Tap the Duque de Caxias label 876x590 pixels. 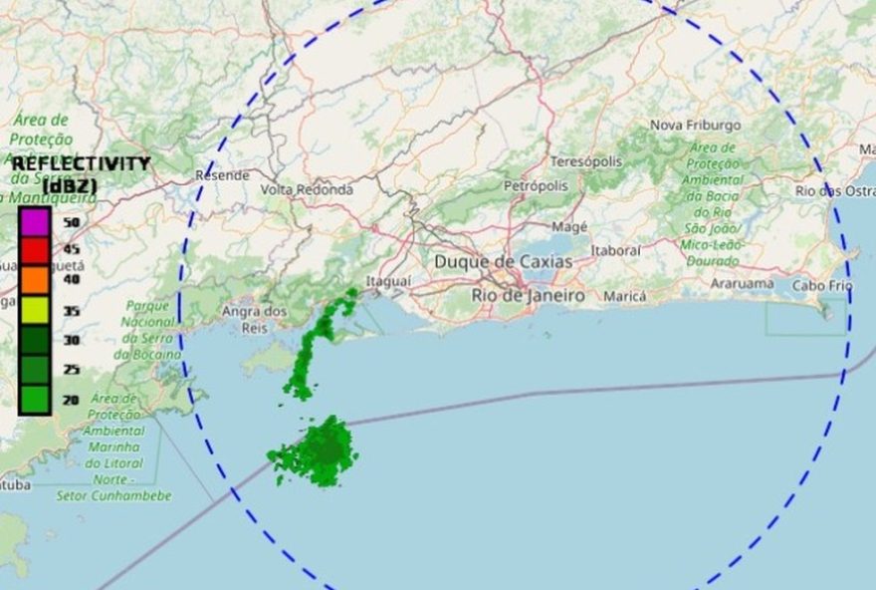point(503,262)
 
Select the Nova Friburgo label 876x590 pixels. point(695,126)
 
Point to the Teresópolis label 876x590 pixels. point(585,161)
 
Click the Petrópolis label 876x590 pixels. point(535,186)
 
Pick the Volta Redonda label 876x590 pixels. point(307,189)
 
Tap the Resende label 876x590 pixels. point(222,175)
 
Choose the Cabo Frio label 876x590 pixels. point(822,286)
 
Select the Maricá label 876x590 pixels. point(625,297)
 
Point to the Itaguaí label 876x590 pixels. point(388,282)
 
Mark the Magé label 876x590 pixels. point(569,227)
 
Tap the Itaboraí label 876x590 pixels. point(615,251)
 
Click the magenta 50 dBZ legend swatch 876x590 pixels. point(35,220)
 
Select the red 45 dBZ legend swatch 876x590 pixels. point(35,249)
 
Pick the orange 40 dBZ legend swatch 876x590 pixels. point(35,279)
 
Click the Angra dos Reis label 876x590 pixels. point(255,319)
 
